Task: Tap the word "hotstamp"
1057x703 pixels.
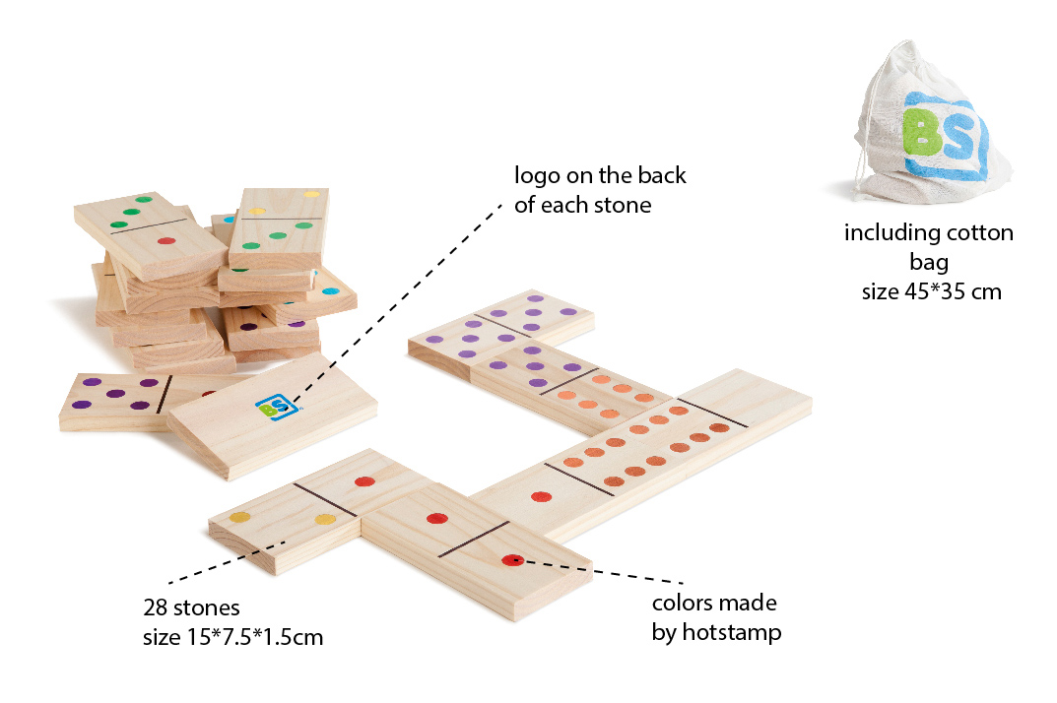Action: [716, 632]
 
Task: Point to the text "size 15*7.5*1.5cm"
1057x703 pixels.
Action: [232, 637]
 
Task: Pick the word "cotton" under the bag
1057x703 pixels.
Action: [980, 233]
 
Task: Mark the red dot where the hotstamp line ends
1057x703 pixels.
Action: [510, 560]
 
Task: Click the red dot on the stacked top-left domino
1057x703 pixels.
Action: [166, 240]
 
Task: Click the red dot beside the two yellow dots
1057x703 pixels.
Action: [363, 482]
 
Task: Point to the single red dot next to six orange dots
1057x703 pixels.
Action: [540, 496]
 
